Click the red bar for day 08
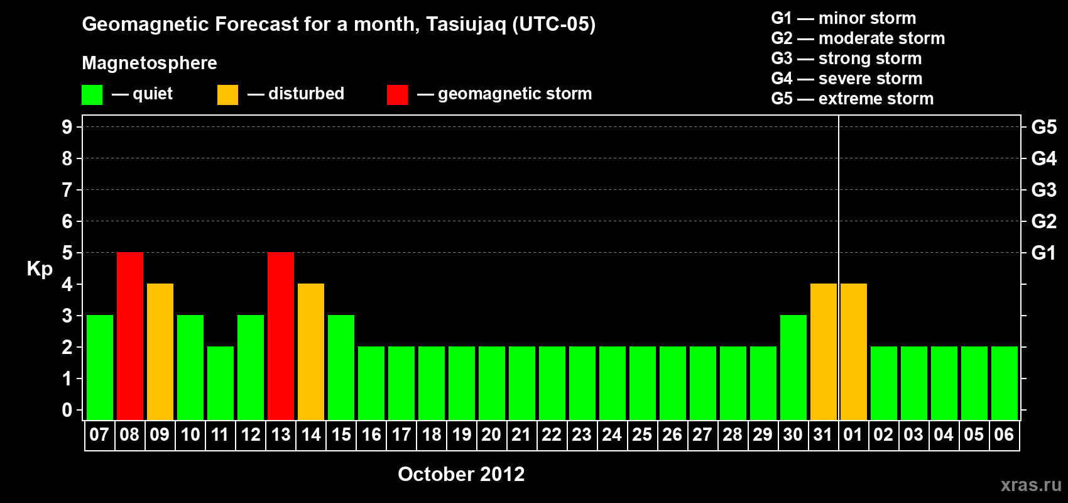click(130, 336)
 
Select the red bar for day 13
click(281, 336)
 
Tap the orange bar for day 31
click(824, 351)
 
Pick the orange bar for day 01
click(853, 351)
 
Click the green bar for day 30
click(793, 367)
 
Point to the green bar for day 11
click(221, 383)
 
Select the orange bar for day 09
click(160, 351)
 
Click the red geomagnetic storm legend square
click(397, 94)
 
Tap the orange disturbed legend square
click(227, 94)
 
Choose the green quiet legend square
click(92, 94)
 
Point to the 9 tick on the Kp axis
click(67, 127)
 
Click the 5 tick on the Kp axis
click(67, 253)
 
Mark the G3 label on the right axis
click(1043, 190)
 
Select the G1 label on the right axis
click(1043, 253)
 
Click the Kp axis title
click(40, 269)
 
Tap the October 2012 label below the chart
click(461, 474)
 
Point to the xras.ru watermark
click(1031, 485)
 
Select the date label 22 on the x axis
click(551, 434)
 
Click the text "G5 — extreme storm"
click(852, 99)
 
